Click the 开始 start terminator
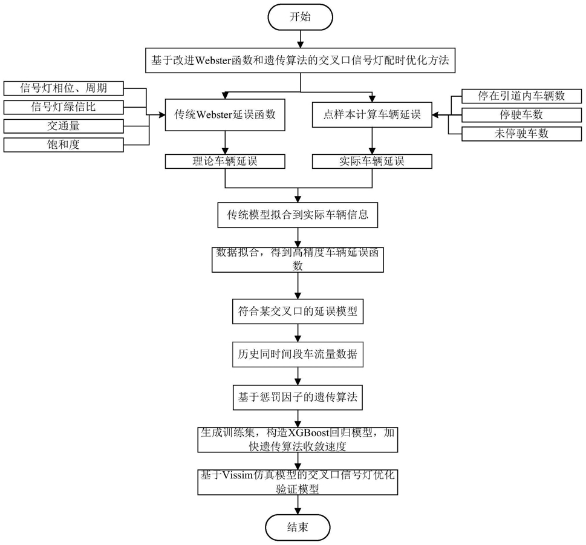pyautogui.click(x=300, y=17)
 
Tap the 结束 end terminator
pyautogui.click(x=298, y=527)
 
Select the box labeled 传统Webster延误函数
pyautogui.click(x=225, y=115)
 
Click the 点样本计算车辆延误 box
pyautogui.click(x=372, y=115)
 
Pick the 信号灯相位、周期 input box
pyautogui.click(x=63, y=88)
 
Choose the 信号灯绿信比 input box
pyautogui.click(x=63, y=107)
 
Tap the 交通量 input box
pyautogui.click(x=63, y=126)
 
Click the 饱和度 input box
pyautogui.click(x=63, y=145)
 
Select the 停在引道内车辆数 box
pyautogui.click(x=522, y=96)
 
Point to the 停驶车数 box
pyautogui.click(x=522, y=115)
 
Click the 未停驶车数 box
pyautogui.click(x=522, y=134)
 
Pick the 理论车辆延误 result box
pyautogui.click(x=225, y=162)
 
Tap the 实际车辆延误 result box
pyautogui.click(x=372, y=162)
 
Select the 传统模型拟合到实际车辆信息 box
pyautogui.click(x=298, y=215)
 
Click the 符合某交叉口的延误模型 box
pyautogui.click(x=298, y=312)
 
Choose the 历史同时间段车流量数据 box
pyautogui.click(x=298, y=354)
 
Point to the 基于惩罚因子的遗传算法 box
pyautogui.click(x=298, y=397)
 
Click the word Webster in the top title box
pyautogui.click(x=213, y=60)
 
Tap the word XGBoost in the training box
pyautogui.click(x=308, y=433)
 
